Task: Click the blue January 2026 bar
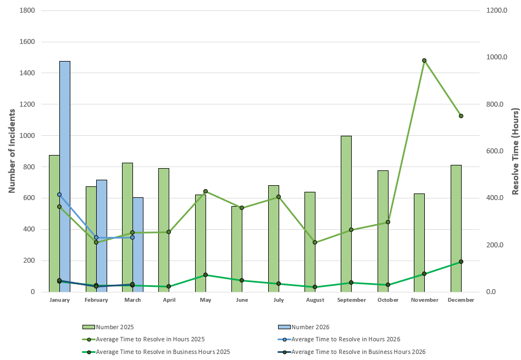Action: coord(65,176)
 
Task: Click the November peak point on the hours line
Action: coord(424,60)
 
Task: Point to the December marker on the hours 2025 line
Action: coord(461,116)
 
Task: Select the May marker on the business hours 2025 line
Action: coord(206,275)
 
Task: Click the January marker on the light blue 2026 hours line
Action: coord(59,195)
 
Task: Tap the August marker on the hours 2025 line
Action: coord(315,242)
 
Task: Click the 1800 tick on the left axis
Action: coord(27,11)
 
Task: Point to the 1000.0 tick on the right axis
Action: coord(496,58)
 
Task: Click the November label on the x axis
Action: coord(424,300)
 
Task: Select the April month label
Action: coord(169,300)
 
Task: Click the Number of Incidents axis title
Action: coord(11,151)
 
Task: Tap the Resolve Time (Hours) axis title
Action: coord(515,151)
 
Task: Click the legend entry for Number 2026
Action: coord(310,327)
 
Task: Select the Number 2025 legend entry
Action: coord(115,327)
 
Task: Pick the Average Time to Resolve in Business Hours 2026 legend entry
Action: coord(358,352)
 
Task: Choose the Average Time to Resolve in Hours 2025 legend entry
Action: coord(154,339)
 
